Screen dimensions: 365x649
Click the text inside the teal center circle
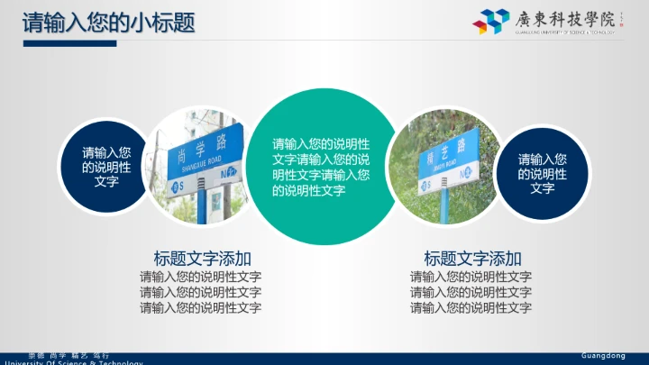pos(321,167)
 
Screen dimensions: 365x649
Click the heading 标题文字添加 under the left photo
pos(202,257)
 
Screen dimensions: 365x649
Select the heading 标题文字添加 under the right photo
pos(472,257)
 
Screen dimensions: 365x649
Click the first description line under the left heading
pos(201,277)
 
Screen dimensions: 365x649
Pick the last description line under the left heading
pos(201,307)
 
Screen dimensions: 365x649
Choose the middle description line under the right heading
pos(471,292)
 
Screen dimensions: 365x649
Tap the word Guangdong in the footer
pos(602,356)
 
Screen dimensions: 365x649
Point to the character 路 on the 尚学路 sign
pos(231,139)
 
